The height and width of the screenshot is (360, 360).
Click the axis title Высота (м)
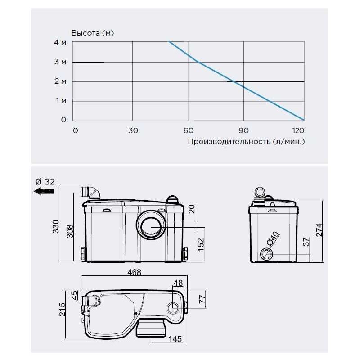coord(93,33)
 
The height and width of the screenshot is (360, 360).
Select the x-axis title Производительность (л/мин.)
coord(246,141)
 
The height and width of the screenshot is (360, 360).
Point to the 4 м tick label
coord(60,42)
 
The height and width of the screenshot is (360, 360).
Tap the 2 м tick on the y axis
coord(60,81)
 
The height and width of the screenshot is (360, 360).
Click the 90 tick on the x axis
coord(243,130)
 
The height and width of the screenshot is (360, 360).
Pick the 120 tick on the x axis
coord(298,130)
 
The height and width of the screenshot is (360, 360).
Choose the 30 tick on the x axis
coord(133,130)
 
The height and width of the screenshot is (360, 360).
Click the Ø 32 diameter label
coord(45,182)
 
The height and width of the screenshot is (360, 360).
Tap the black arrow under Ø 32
coord(44,191)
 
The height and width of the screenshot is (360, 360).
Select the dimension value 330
coord(56,226)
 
